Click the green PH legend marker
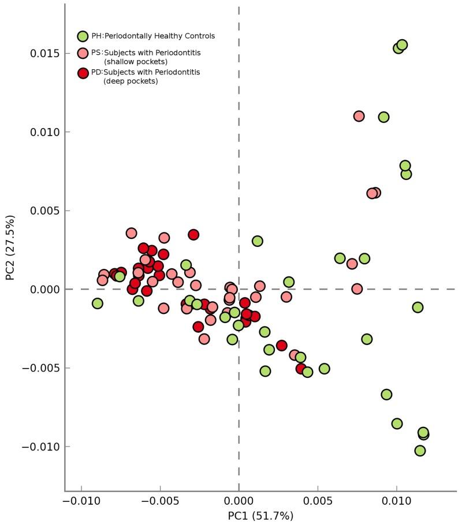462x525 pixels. coord(83,36)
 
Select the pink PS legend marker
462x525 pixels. coord(83,53)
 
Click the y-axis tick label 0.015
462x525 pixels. coord(44,53)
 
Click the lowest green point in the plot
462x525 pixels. coord(420,451)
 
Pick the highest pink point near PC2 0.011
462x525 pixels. coord(359,116)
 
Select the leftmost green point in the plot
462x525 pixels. coord(98,303)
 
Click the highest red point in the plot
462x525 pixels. coord(193,234)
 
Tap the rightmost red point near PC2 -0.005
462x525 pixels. coord(301,368)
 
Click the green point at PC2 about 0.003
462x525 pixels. coord(258,241)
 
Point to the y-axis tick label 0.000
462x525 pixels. coord(44,289)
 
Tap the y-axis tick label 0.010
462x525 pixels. coord(44,132)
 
